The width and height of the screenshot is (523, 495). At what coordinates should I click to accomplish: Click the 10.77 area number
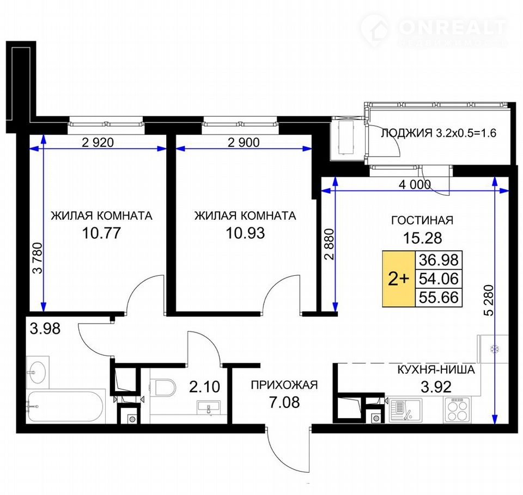(101, 233)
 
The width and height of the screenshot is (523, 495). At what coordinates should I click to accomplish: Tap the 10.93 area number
(245, 233)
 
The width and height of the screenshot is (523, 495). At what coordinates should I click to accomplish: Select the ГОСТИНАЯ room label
(422, 220)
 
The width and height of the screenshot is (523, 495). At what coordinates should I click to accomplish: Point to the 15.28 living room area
(422, 238)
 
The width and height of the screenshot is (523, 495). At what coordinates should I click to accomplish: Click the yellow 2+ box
(398, 279)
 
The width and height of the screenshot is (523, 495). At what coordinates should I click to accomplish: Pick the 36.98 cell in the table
(439, 259)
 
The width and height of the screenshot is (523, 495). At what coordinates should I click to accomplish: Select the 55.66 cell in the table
(439, 297)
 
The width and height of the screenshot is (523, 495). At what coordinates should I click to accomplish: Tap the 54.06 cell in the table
(439, 279)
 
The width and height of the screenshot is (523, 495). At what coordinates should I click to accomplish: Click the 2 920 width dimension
(98, 143)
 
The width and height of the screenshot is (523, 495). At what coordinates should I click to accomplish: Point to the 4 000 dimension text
(415, 184)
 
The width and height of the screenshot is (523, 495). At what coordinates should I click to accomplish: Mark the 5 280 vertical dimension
(489, 300)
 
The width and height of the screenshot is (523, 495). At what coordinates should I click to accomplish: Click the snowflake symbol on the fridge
(494, 349)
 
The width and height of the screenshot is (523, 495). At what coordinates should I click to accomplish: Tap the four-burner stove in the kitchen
(457, 410)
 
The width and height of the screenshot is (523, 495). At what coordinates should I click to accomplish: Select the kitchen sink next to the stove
(405, 410)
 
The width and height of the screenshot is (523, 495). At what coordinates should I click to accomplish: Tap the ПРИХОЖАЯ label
(284, 385)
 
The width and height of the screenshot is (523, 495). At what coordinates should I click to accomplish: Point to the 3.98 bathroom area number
(45, 329)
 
